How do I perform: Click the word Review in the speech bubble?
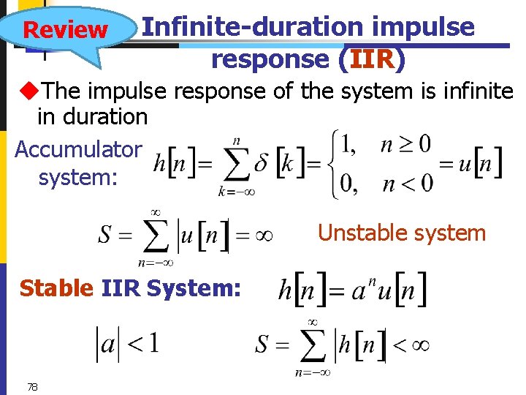coord(65,30)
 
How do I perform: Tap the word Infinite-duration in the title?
coord(253,27)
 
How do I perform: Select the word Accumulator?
coord(78,149)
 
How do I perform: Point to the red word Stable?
coord(56,288)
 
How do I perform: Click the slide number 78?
coord(31,387)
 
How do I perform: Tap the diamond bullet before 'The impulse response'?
coord(30,91)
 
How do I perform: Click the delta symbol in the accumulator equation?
coord(261,164)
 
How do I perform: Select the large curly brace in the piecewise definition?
coord(335,163)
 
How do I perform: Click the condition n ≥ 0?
coord(406,143)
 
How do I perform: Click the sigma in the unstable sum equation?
coord(156,236)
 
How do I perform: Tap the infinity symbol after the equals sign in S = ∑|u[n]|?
coord(264,236)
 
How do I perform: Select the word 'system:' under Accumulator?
coord(77,177)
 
